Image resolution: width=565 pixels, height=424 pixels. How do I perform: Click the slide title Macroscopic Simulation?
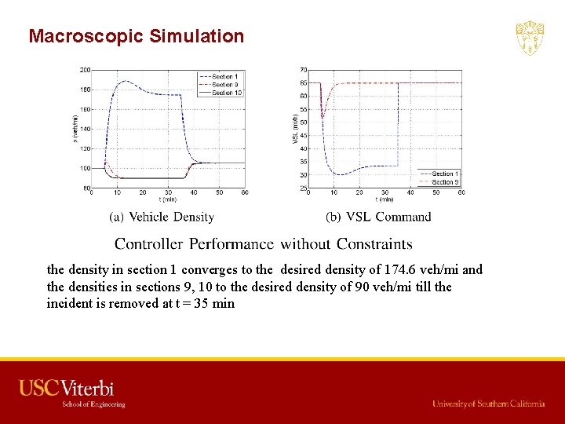point(136,36)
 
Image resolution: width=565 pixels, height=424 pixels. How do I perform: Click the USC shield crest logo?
point(530,38)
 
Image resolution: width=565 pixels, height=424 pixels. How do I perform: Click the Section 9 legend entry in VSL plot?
point(445,181)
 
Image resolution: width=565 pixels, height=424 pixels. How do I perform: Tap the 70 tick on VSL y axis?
point(303,70)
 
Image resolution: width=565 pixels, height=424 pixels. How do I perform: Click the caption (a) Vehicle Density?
point(162,217)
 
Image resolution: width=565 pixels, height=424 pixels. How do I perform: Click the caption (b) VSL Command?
point(378,217)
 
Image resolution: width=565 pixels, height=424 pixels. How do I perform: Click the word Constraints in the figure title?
point(374,244)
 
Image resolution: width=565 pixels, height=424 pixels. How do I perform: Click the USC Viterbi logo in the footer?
point(67,388)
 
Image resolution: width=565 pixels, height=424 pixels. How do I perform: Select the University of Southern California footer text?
point(488,404)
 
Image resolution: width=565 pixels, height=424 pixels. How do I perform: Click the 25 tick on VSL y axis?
point(303,188)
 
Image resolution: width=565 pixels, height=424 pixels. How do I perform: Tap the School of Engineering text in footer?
point(93,404)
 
